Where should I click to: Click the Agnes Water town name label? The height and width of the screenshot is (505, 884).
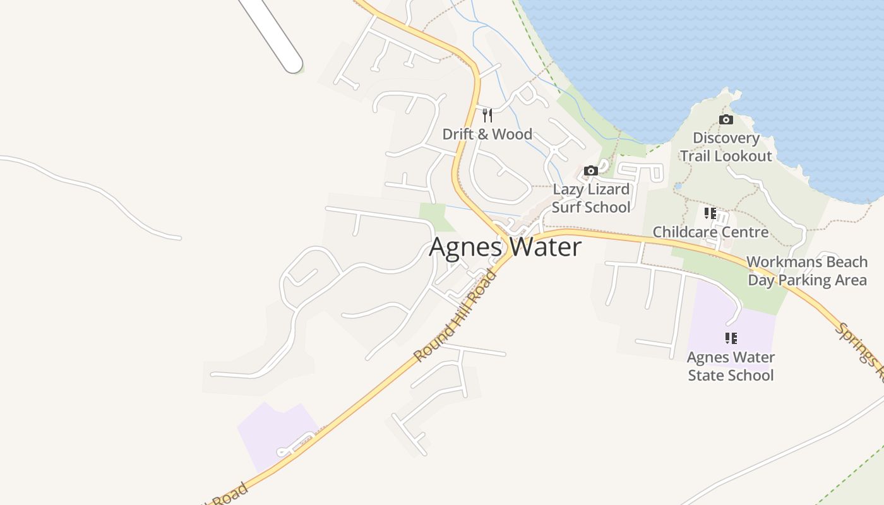pos(505,247)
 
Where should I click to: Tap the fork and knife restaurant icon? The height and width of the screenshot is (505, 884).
pos(487,115)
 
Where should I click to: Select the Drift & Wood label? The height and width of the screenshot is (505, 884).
pos(487,134)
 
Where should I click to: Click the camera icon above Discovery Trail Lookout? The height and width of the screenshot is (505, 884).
pos(726,119)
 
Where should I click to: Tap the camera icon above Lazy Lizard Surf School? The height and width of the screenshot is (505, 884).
pos(591,170)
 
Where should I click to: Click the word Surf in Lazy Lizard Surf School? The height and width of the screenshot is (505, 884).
pos(566,207)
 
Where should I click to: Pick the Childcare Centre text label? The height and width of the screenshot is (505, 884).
pos(710,232)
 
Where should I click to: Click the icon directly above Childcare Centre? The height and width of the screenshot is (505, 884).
pos(710,213)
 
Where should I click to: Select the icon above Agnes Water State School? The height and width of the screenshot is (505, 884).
pos(731,338)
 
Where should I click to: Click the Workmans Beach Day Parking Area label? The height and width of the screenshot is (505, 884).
pos(807,271)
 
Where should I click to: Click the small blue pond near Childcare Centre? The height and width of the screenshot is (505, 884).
pos(678,186)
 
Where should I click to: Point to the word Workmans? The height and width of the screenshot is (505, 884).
pos(780,261)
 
